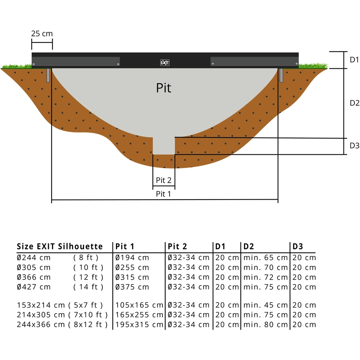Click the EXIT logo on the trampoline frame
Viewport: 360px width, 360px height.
tap(165, 63)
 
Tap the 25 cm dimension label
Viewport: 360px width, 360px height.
tap(42, 34)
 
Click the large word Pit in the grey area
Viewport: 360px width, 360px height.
tap(164, 88)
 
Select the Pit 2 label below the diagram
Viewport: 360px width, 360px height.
tap(164, 180)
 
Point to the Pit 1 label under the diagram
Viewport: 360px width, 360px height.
tap(164, 194)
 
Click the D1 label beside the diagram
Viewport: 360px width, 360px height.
tap(354, 60)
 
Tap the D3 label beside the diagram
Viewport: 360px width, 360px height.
tap(354, 146)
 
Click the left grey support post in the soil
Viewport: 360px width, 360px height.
tap(48, 75)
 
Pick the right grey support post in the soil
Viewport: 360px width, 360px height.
tap(281, 75)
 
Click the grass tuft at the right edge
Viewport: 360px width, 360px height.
tap(313, 66)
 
